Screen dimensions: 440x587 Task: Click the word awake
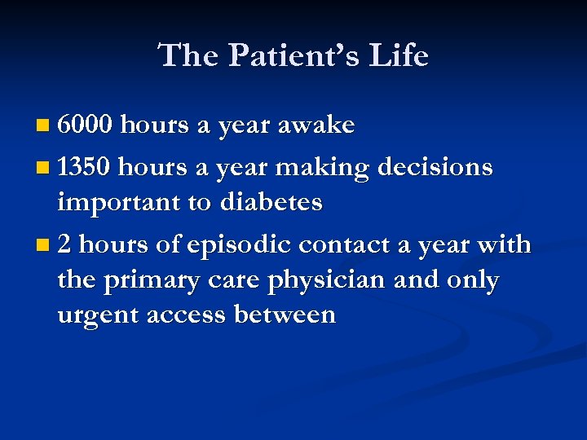[316, 125]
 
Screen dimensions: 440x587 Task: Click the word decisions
[435, 167]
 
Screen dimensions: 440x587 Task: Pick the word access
[187, 315]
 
